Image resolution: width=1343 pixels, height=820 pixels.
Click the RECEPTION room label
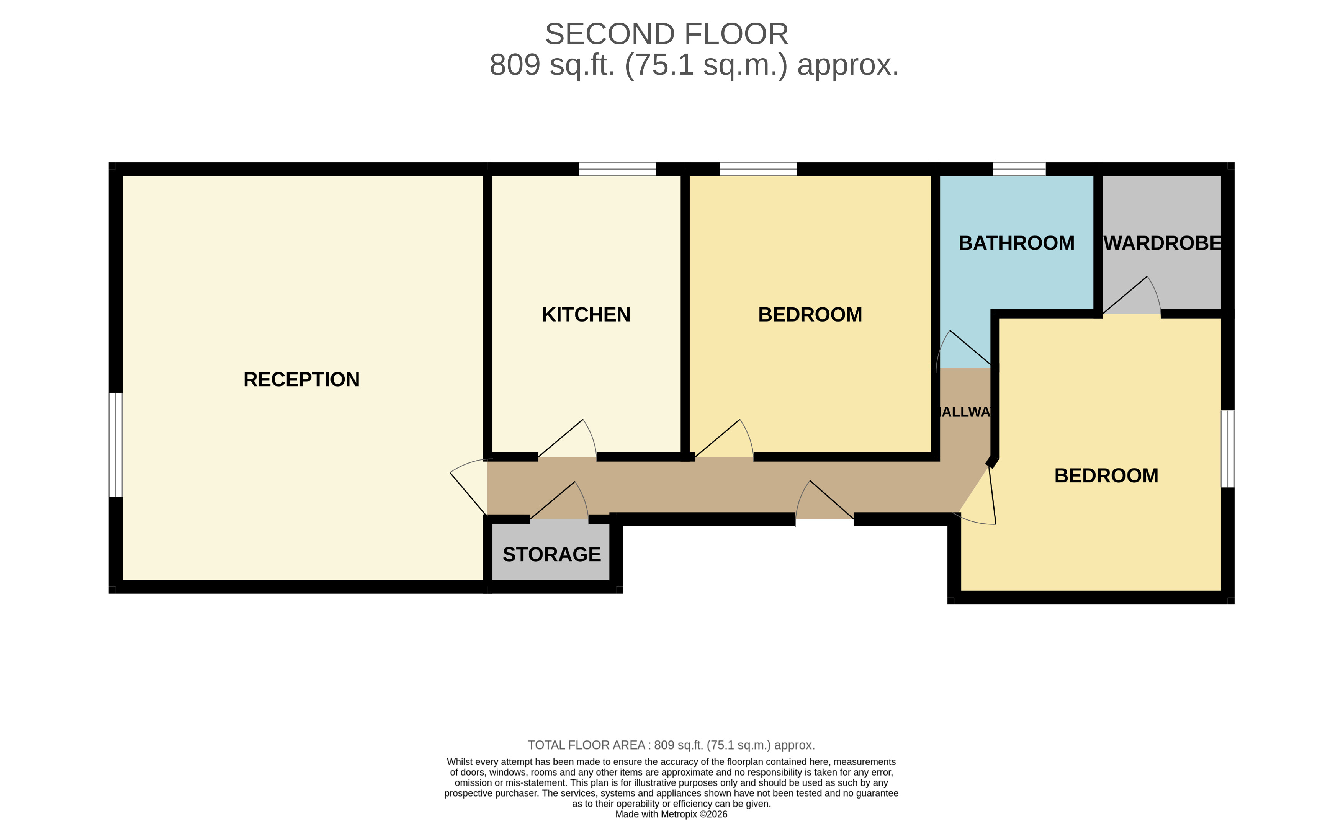[301, 379]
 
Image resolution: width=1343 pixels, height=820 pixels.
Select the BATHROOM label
[1016, 243]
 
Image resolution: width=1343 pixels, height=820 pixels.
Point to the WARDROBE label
[1162, 243]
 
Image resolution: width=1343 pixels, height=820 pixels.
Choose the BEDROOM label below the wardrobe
[1106, 476]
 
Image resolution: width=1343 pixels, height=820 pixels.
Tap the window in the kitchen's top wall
[617, 169]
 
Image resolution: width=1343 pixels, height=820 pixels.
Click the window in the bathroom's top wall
[1019, 169]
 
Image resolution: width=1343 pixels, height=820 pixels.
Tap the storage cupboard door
[561, 501]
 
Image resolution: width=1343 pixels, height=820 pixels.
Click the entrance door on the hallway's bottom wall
[824, 501]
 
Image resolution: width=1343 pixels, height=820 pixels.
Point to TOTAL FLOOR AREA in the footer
[586, 745]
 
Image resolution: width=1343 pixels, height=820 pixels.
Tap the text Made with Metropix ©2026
[671, 814]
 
